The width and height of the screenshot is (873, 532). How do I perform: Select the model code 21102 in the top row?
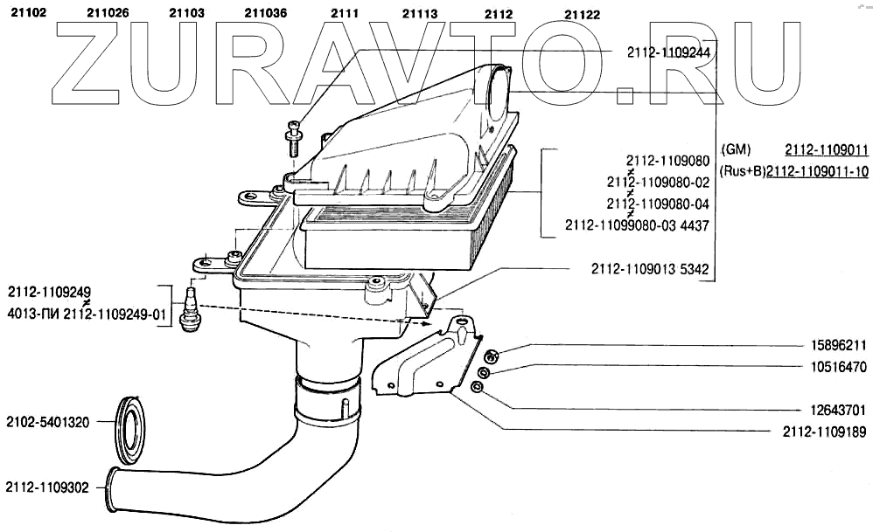tap(27, 13)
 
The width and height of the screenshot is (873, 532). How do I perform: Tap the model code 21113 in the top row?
tap(420, 13)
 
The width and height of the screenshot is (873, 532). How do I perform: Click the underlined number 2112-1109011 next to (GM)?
tap(826, 149)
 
